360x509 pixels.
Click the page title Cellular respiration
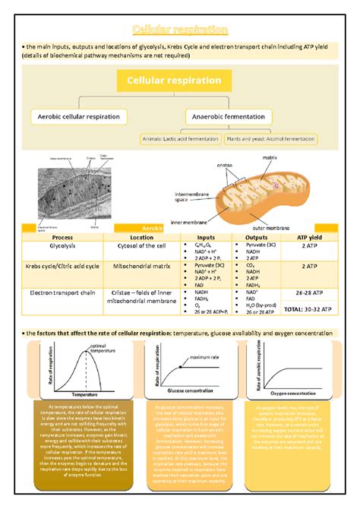[x=180, y=30]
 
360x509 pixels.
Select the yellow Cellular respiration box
[x=179, y=81]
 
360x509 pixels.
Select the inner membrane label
[x=188, y=223]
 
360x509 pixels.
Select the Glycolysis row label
[x=52, y=246]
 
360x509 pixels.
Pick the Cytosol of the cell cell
[x=142, y=246]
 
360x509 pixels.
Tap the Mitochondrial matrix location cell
[x=142, y=267]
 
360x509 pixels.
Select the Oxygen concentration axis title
[x=298, y=394]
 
